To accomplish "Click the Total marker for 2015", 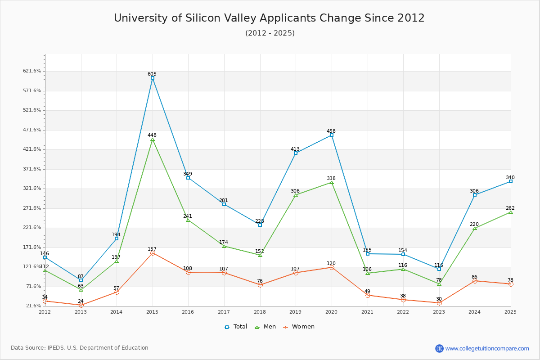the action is pyautogui.click(x=153, y=78).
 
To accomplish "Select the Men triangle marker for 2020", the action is pyautogui.click(x=332, y=183).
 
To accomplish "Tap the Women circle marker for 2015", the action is pyautogui.click(x=153, y=253).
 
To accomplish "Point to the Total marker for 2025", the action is pyautogui.click(x=511, y=181).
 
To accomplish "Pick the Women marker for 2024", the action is pyautogui.click(x=475, y=281).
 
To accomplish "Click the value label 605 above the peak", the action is pyautogui.click(x=152, y=74).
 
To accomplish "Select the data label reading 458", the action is pyautogui.click(x=331, y=131).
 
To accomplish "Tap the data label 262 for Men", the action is pyautogui.click(x=510, y=208).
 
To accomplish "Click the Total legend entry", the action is pyautogui.click(x=236, y=327).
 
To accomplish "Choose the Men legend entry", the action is pyautogui.click(x=265, y=327).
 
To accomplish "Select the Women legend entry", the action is pyautogui.click(x=299, y=327).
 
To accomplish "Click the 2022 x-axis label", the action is pyautogui.click(x=403, y=312).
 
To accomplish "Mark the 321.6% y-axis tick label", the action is pyautogui.click(x=32, y=188).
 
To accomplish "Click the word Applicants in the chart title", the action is pyautogui.click(x=286, y=18).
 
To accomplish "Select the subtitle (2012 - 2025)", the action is pyautogui.click(x=270, y=33).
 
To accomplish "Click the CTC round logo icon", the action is pyautogui.click(x=439, y=348).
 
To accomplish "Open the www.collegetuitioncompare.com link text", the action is pyautogui.click(x=487, y=349).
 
